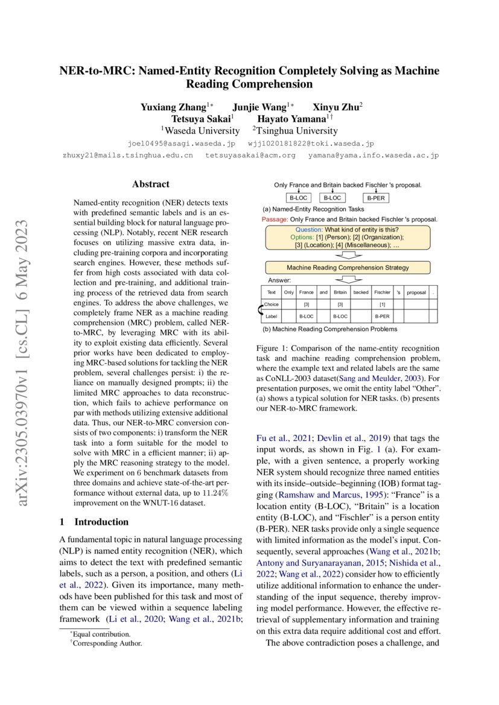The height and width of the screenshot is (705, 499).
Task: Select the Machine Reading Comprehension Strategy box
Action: pyautogui.click(x=347, y=267)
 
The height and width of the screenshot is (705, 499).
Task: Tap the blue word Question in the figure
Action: pyautogui.click(x=310, y=229)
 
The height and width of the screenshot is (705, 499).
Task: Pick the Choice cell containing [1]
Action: pyautogui.click(x=382, y=305)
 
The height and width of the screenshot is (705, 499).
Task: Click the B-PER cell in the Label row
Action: pyautogui.click(x=382, y=316)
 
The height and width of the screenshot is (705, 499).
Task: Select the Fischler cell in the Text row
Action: pyautogui.click(x=382, y=292)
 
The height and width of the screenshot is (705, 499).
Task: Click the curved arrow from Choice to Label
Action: pyautogui.click(x=261, y=311)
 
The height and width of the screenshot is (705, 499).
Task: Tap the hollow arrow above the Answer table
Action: pyautogui.click(x=347, y=279)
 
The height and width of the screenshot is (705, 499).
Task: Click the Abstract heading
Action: pyautogui.click(x=151, y=185)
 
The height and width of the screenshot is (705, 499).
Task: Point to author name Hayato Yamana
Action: pyautogui.click(x=291, y=119)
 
